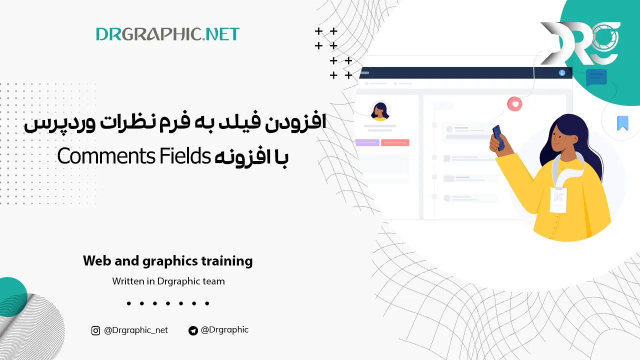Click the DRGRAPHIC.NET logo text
pyautogui.click(x=167, y=34)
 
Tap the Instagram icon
pyautogui.click(x=95, y=330)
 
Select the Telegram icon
pyautogui.click(x=193, y=330)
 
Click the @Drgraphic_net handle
pyautogui.click(x=136, y=330)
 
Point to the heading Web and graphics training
pyautogui.click(x=167, y=261)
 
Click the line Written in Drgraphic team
pyautogui.click(x=168, y=281)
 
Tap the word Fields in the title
pyautogui.click(x=184, y=156)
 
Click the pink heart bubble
pyautogui.click(x=514, y=104)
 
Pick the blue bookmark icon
pyautogui.click(x=622, y=123)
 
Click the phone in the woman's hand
pyautogui.click(x=498, y=136)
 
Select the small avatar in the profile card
pyautogui.click(x=380, y=111)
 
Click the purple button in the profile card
pyautogui.click(x=367, y=142)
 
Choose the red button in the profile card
pyautogui.click(x=395, y=142)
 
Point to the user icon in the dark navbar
pyautogui.click(x=562, y=72)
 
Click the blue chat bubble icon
pyautogui.click(x=596, y=78)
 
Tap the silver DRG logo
pyautogui.click(x=580, y=44)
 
